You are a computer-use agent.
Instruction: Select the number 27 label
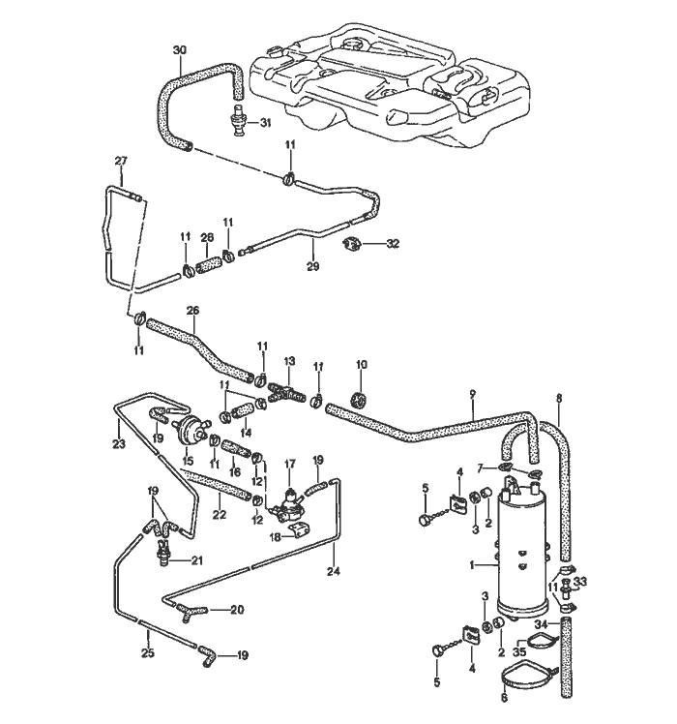coord(121,161)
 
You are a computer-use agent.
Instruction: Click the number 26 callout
coord(191,310)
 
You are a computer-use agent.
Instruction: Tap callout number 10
coord(362,365)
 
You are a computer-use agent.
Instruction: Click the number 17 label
coord(288,465)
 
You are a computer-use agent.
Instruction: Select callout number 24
coord(335,571)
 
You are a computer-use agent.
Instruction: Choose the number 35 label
coord(519,652)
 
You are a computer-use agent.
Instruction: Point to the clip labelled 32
coord(353,244)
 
